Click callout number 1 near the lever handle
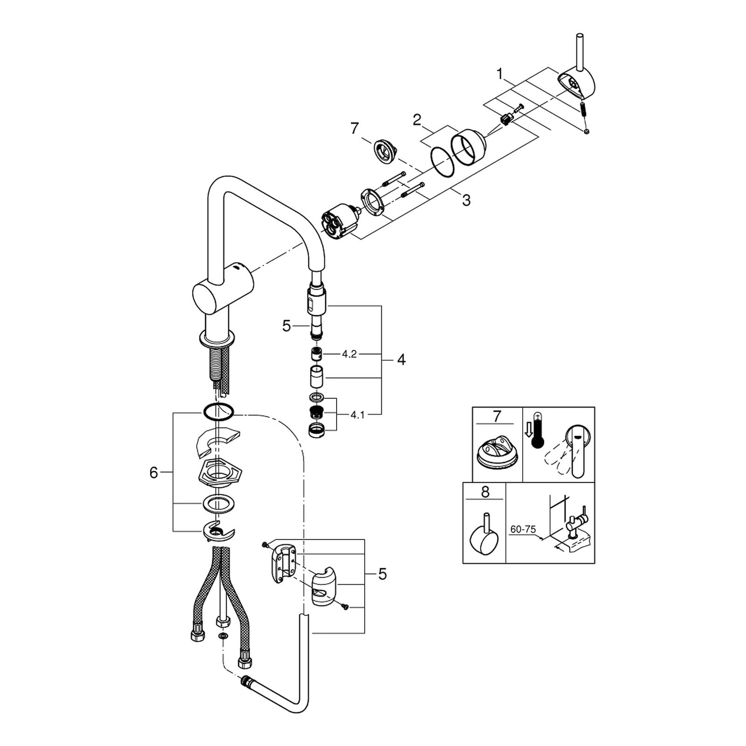pos(500,74)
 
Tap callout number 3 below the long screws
pos(466,200)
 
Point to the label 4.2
pos(349,354)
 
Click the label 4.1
pos(357,415)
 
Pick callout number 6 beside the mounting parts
pos(154,473)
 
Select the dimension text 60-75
pos(523,530)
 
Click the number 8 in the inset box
pos(485,492)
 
